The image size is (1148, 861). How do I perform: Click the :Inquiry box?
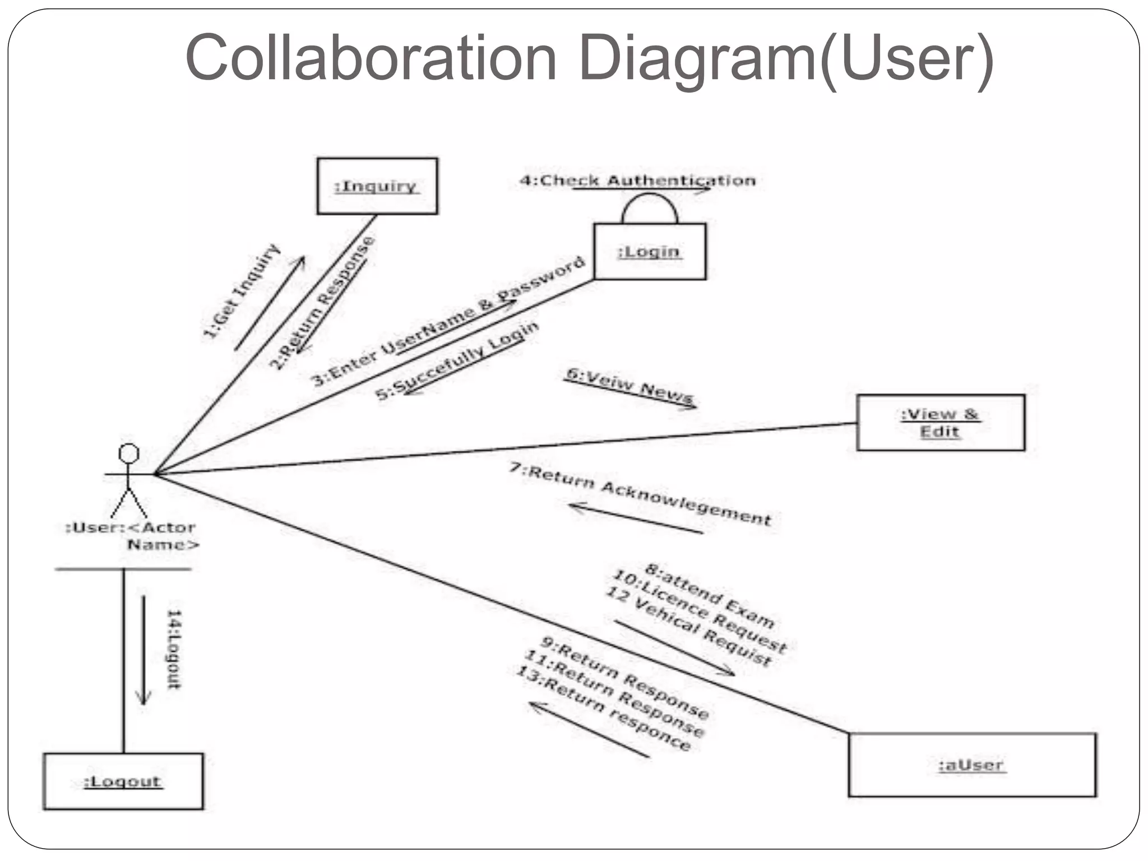(377, 186)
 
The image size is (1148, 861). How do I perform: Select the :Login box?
(649, 252)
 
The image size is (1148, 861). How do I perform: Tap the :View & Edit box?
(940, 423)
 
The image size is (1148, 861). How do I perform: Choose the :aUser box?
(972, 765)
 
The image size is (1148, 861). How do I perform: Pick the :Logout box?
(123, 781)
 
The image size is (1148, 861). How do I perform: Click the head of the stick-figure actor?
(129, 453)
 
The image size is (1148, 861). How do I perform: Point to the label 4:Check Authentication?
(637, 180)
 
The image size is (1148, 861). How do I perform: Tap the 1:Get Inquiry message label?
(241, 291)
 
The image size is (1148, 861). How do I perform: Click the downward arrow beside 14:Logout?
(143, 650)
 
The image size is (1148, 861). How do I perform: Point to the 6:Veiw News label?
(629, 385)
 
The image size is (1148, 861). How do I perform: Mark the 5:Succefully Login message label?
(457, 360)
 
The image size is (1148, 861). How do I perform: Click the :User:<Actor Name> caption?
(132, 536)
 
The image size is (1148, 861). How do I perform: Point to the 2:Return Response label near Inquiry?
(322, 303)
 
